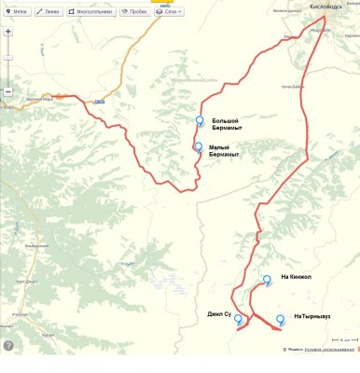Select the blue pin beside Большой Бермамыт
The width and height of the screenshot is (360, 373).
pos(200,120)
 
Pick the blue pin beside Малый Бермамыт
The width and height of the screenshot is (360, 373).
pos(198,146)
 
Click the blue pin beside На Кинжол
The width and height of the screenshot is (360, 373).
pos(268,279)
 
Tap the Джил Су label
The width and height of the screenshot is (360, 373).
pos(219,315)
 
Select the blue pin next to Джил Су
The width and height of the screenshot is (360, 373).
pos(239,319)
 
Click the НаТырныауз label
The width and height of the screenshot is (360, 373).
pos(311,316)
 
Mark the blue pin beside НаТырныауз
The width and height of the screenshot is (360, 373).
pos(280,319)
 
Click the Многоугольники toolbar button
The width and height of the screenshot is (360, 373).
pos(90,12)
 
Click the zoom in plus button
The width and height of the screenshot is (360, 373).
pos(9,30)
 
